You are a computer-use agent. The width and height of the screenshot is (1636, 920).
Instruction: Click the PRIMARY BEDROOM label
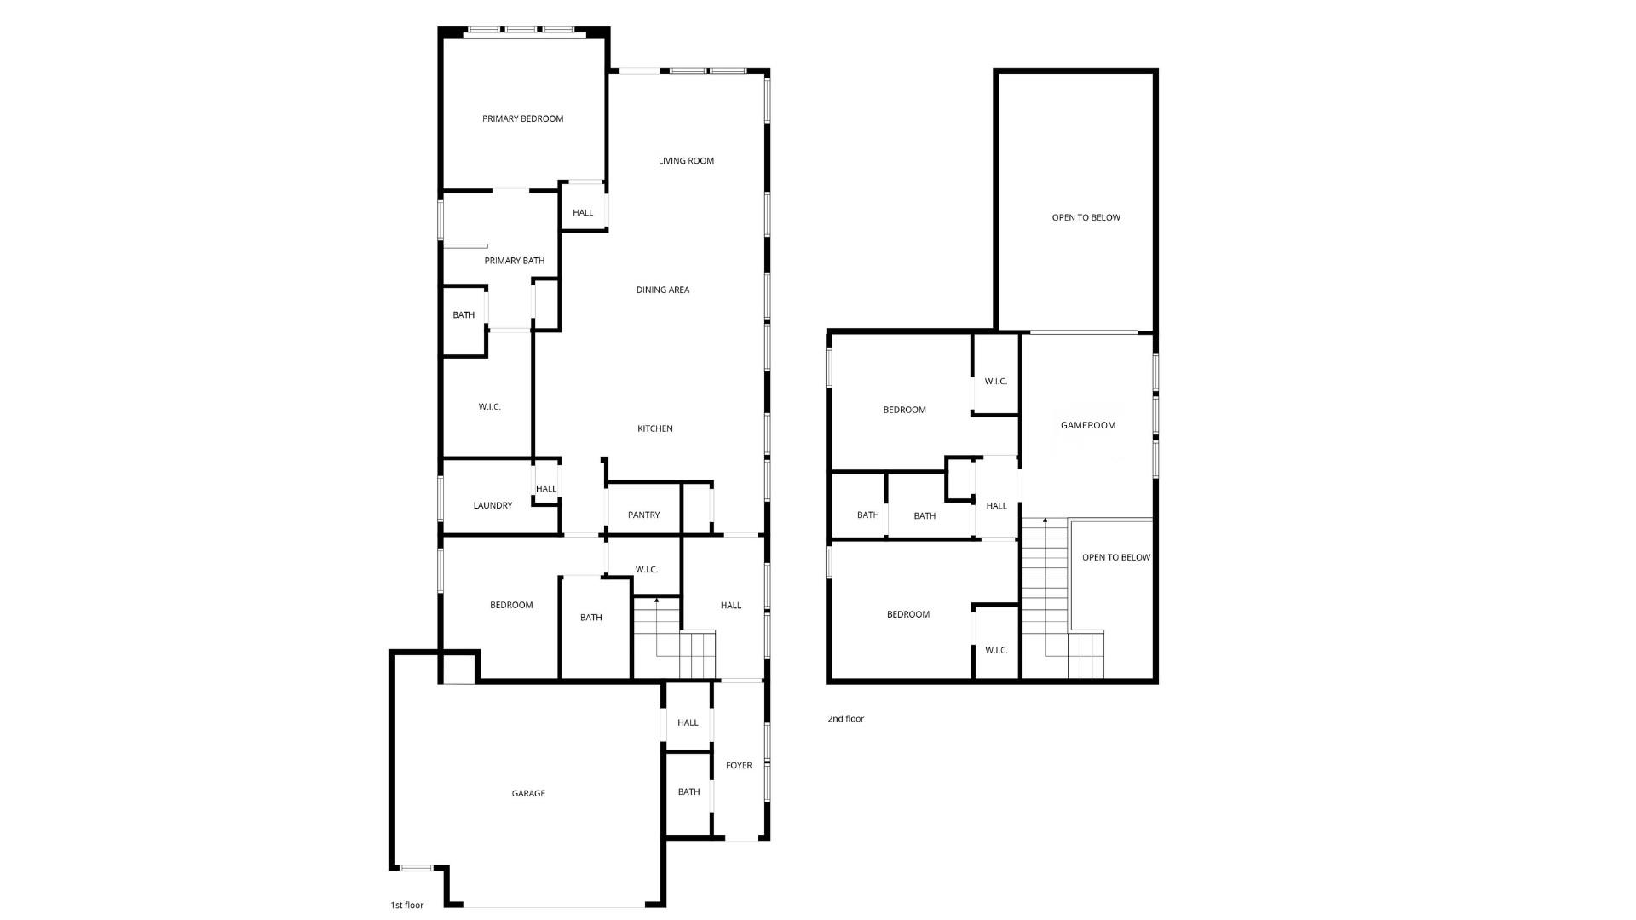click(x=522, y=118)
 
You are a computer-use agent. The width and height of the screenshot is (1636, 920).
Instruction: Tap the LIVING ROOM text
click(x=686, y=160)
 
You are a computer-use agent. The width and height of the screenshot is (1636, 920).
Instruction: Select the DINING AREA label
click(x=662, y=290)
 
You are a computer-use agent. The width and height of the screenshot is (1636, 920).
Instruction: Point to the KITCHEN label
click(x=654, y=428)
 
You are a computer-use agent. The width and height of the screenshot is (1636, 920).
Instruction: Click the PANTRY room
click(x=643, y=515)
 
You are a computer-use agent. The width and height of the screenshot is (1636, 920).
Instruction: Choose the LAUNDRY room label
click(x=493, y=505)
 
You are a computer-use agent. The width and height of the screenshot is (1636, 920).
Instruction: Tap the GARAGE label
click(x=528, y=793)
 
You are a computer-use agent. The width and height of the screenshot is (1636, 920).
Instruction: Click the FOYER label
click(x=739, y=765)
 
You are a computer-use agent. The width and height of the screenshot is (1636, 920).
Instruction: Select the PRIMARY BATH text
click(x=514, y=261)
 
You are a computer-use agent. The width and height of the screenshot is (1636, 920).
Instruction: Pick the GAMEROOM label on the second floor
click(x=1087, y=425)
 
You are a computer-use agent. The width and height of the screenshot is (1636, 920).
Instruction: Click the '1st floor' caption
click(x=406, y=905)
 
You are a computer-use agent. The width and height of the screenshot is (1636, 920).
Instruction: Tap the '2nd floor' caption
click(x=845, y=718)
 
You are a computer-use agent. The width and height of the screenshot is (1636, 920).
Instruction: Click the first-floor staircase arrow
click(x=656, y=601)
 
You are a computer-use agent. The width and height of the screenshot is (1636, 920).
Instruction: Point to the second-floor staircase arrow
click(x=1046, y=520)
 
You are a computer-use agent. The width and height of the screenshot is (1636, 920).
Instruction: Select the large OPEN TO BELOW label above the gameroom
click(x=1086, y=217)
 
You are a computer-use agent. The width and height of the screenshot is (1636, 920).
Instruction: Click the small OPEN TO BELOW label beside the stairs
click(x=1115, y=557)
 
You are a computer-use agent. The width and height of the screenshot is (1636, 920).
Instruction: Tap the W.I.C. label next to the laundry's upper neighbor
click(x=489, y=406)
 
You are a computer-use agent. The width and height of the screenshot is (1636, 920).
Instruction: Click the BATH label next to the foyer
click(x=688, y=791)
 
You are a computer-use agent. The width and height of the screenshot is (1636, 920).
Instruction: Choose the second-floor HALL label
click(x=996, y=505)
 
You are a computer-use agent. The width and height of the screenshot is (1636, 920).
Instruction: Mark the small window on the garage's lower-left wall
click(x=416, y=868)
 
